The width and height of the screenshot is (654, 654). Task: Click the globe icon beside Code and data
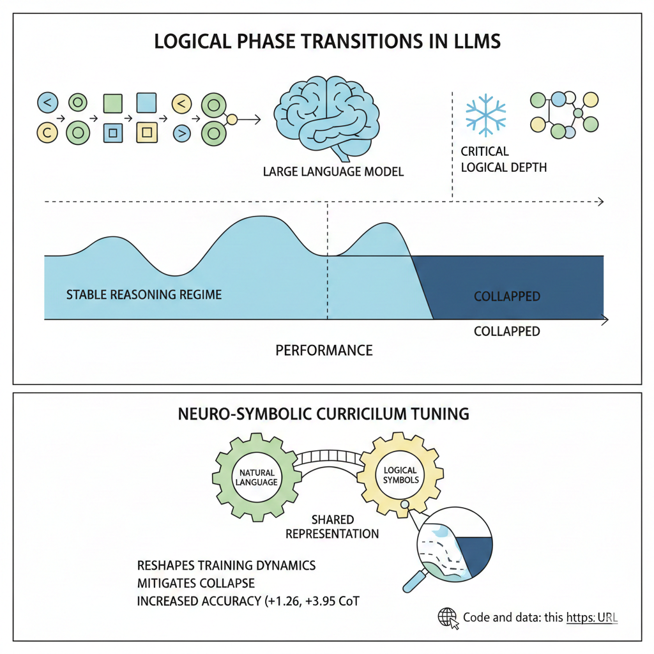click(448, 617)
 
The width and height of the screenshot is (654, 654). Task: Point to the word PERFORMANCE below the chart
click(324, 351)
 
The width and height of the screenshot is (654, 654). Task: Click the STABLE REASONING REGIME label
click(144, 295)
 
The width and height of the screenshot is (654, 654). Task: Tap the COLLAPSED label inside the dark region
click(507, 296)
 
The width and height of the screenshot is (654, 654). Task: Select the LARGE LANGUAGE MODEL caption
click(333, 172)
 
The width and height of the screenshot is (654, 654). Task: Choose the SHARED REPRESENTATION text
click(332, 527)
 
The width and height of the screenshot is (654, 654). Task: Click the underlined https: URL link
click(591, 618)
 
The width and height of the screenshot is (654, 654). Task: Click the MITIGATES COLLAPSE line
click(195, 583)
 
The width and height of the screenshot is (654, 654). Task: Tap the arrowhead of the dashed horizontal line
click(600, 202)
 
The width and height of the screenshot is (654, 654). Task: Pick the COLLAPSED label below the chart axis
click(507, 331)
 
